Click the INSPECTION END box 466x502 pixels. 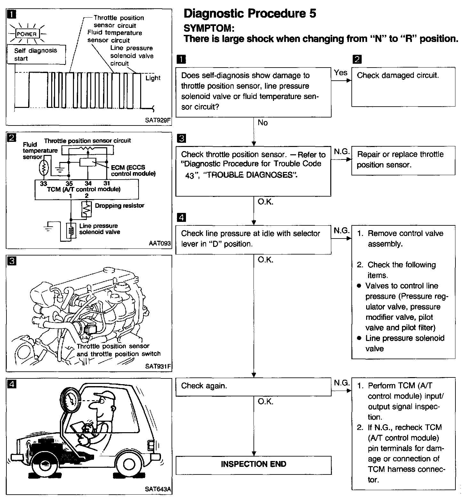coord(253,465)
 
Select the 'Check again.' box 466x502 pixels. coord(253,386)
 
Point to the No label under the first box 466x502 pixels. coord(262,123)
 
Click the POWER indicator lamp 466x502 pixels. coord(27,34)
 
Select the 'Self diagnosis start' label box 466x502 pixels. coord(36,54)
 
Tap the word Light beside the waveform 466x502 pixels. coord(153,78)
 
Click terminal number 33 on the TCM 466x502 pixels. coord(43,184)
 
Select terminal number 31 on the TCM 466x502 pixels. coord(107,183)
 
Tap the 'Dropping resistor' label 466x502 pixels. coord(119,206)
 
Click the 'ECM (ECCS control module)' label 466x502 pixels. coord(133,171)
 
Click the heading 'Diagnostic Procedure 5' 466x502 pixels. coord(250,13)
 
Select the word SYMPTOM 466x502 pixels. coord(209,28)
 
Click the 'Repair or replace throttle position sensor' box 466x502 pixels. coord(403,160)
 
